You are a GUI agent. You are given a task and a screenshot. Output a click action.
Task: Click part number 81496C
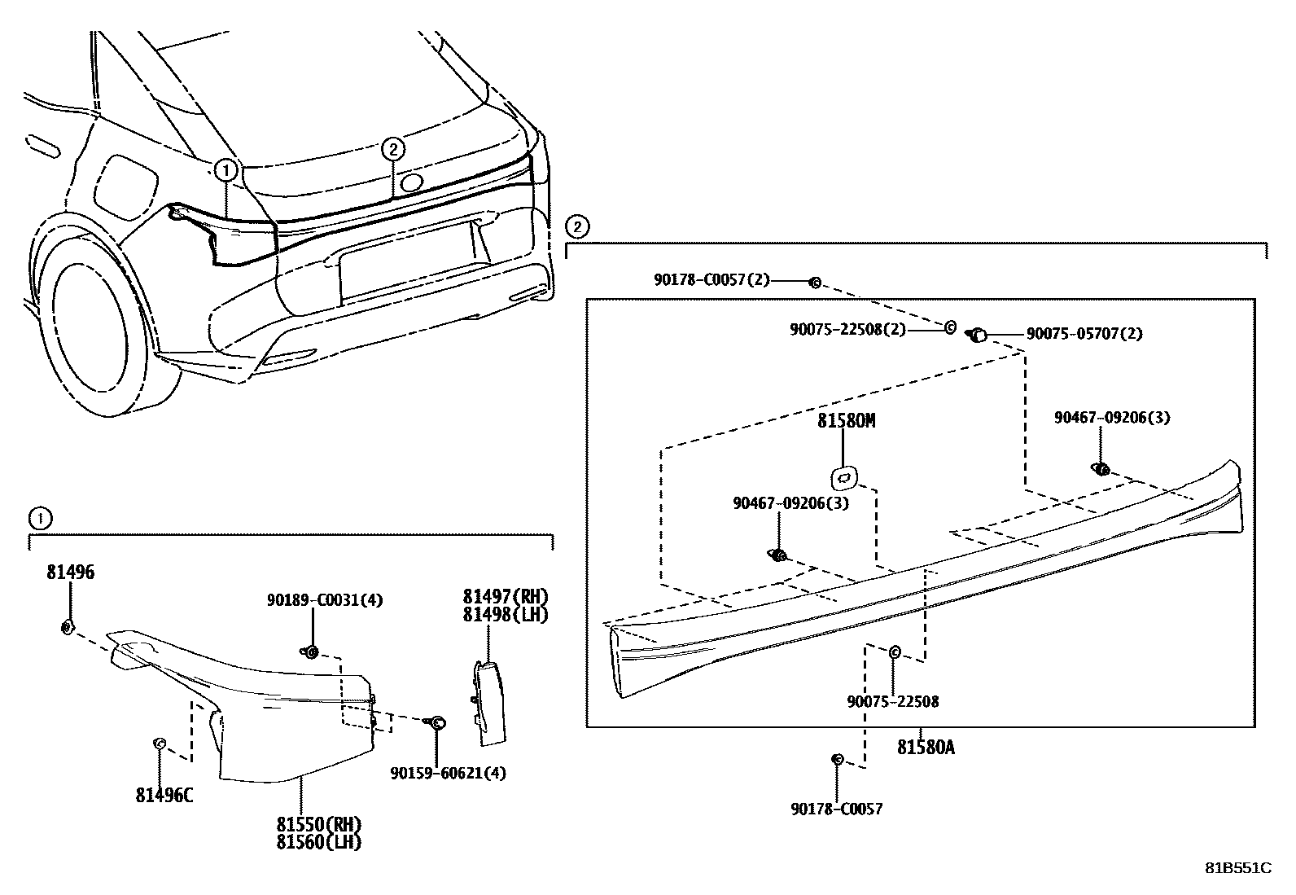(x=164, y=795)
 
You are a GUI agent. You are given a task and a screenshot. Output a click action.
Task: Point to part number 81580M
(x=846, y=421)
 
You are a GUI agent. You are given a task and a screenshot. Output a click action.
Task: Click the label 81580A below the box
(x=926, y=746)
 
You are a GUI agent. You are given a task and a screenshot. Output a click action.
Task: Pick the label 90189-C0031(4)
(x=324, y=600)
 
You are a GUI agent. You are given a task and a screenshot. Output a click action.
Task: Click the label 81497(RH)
(x=506, y=596)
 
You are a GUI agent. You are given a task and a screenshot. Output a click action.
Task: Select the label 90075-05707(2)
(x=1084, y=334)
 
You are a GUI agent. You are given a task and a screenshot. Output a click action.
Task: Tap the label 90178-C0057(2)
(x=711, y=279)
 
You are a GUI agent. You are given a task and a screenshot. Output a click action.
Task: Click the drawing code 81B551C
(x=1238, y=868)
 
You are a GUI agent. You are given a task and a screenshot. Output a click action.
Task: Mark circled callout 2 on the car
(x=392, y=149)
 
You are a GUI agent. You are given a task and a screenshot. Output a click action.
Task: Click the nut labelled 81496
(x=68, y=626)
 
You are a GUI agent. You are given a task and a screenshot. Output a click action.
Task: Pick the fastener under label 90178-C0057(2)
(x=813, y=283)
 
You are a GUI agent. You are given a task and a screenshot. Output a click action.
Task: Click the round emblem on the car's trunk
(x=412, y=182)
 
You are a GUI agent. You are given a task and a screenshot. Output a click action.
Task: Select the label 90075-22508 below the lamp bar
(x=893, y=701)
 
